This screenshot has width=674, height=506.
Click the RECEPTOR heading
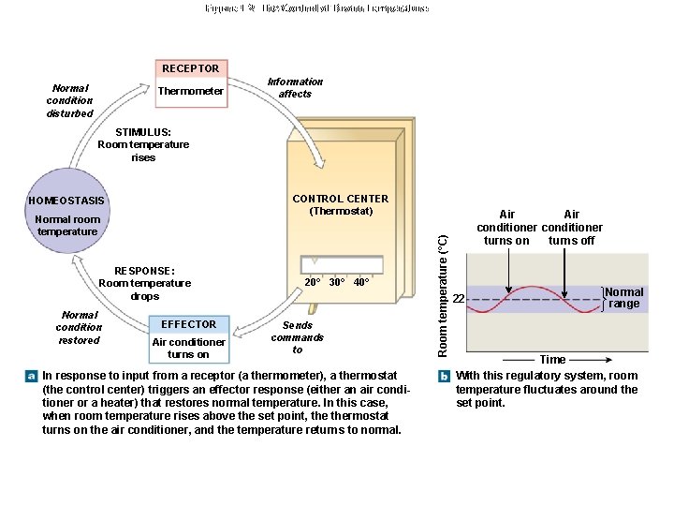coord(190,68)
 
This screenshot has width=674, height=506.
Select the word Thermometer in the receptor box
coord(190,92)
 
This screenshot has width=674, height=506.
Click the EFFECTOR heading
coord(188,324)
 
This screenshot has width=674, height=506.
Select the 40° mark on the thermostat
coord(361,282)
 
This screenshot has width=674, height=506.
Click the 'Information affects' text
coord(295,87)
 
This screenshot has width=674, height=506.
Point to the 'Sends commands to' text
coord(297,337)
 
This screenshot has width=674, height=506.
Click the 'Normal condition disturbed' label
coord(70,100)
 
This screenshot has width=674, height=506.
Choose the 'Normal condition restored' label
coord(79,327)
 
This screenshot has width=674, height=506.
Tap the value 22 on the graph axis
coord(459,299)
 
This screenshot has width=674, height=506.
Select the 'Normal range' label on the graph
coord(624,298)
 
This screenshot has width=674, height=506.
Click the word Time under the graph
coord(551,360)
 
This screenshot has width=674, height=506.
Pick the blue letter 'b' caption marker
coord(445,375)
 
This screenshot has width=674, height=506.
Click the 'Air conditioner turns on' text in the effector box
coord(188,348)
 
